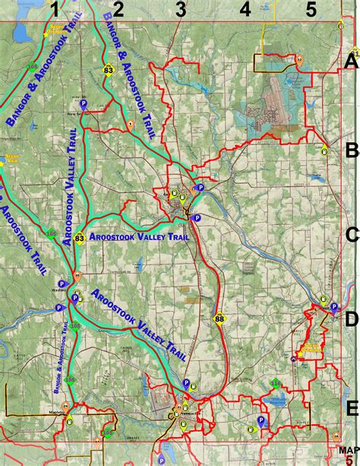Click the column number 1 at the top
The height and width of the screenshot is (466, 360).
click(54, 9)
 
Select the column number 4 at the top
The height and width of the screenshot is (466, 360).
click(245, 9)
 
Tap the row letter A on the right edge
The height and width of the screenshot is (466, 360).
click(351, 62)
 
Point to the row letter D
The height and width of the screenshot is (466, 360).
click(351, 319)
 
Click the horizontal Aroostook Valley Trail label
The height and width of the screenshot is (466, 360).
click(138, 236)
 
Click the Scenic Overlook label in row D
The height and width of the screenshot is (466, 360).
click(311, 349)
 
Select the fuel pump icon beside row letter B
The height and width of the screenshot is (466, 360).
click(325, 149)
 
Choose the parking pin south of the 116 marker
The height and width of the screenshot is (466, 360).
click(261, 420)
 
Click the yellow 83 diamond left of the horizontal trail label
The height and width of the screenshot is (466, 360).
click(79, 237)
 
